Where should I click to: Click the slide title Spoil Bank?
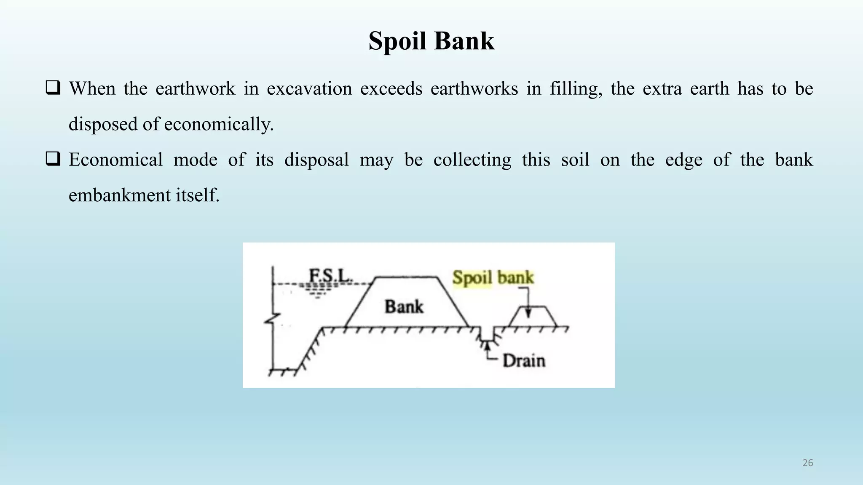point(431,41)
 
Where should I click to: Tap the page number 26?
point(807,463)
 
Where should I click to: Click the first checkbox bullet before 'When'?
point(53,88)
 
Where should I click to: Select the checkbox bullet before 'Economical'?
point(53,159)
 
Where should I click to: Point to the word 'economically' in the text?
point(219,125)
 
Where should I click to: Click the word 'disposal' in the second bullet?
point(316,160)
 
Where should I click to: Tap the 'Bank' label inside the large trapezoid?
point(404,306)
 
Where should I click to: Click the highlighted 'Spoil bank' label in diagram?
point(493,277)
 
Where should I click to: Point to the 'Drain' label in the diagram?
point(524,361)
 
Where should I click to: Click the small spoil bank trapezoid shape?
point(533,318)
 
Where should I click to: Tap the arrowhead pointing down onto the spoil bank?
point(528,313)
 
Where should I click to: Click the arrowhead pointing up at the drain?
point(488,346)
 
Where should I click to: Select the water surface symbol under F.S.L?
point(318,290)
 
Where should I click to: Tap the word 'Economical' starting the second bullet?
point(115,160)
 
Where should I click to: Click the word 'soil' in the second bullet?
point(575,160)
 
